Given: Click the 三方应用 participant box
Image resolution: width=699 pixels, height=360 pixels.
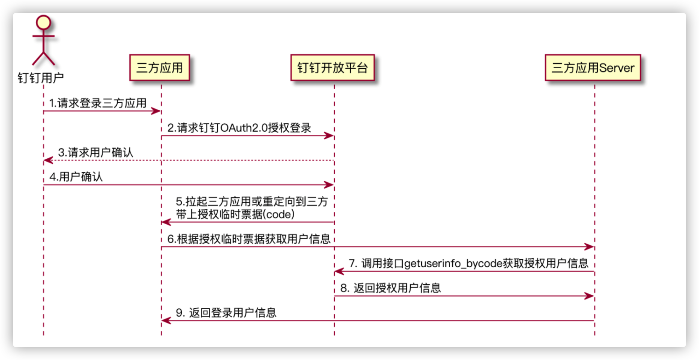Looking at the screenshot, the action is [x=160, y=68].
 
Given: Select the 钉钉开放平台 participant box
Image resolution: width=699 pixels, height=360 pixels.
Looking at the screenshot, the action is [x=333, y=68].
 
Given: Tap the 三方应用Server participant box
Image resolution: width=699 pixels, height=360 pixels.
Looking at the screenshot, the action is [x=593, y=68].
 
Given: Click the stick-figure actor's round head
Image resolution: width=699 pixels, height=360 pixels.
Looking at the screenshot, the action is [x=43, y=22].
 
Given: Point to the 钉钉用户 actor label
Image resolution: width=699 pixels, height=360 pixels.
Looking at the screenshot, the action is [x=41, y=78].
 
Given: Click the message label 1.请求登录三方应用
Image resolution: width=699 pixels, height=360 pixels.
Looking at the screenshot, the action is [x=98, y=103].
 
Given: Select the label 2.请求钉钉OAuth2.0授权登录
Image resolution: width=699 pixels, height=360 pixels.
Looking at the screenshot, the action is [x=239, y=128].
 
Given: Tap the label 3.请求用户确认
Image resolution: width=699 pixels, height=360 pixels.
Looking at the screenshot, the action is [x=96, y=152].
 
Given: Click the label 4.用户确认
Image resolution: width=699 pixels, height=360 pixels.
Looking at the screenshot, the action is [x=76, y=177].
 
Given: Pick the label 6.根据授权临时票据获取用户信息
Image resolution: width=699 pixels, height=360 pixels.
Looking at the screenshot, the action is [x=249, y=239].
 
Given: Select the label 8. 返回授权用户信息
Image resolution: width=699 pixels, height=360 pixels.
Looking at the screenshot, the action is [x=390, y=288].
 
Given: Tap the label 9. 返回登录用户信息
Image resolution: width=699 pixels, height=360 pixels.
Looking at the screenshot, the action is [x=226, y=313].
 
